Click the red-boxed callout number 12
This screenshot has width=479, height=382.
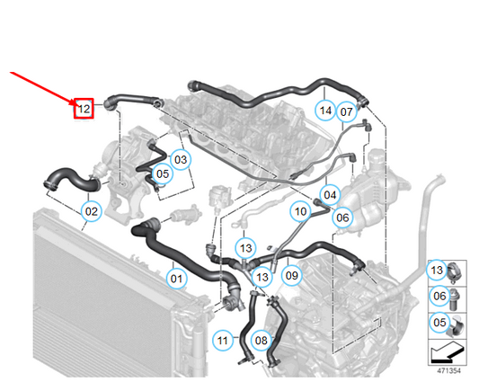coord(84,109)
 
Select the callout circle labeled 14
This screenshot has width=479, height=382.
coord(325,111)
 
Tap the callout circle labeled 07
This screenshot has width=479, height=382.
coord(346,111)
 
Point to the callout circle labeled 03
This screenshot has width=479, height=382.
coord(181,159)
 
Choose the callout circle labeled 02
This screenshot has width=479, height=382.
coord(92,211)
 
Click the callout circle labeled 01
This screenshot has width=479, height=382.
coord(176,279)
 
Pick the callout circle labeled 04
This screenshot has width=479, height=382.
coord(330,195)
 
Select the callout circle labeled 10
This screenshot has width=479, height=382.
coord(300,211)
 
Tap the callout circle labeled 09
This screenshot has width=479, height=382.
coord(291,275)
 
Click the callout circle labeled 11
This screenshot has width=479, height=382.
coord(223,340)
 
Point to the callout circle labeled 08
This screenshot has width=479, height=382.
coord(262,340)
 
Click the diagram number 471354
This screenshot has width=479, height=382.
coord(448,370)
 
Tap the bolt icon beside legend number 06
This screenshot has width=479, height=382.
coord(454,299)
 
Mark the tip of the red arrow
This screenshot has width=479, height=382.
coord(75,105)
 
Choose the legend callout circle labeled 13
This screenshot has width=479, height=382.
coord(437,270)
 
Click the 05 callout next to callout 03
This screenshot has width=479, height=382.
coord(163,173)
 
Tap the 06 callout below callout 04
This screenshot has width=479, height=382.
coord(342,218)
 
